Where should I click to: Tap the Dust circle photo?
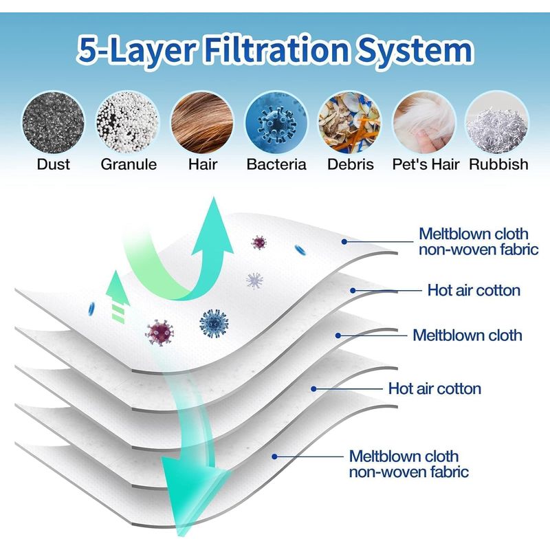coord(54,122)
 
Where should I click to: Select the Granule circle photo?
coord(128,122)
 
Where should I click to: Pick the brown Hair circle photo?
coord(202,122)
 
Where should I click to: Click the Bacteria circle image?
coord(276,122)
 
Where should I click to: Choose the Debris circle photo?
coord(350,122)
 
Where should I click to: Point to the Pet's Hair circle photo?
coord(424,122)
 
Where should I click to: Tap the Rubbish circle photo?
coord(497,122)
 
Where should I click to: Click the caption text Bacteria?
coord(276,164)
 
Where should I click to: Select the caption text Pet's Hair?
coord(426,164)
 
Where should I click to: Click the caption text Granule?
coord(129,164)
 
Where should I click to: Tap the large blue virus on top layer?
coord(214,323)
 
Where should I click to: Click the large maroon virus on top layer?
coord(159,333)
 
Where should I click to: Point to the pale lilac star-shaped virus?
coord(254,281)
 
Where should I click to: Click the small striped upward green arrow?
coord(118,296)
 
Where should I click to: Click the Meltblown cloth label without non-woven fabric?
coord(467,335)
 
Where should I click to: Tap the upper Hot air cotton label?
coord(474,290)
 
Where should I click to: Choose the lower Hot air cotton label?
coord(434,388)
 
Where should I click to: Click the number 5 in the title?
coord(87,49)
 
